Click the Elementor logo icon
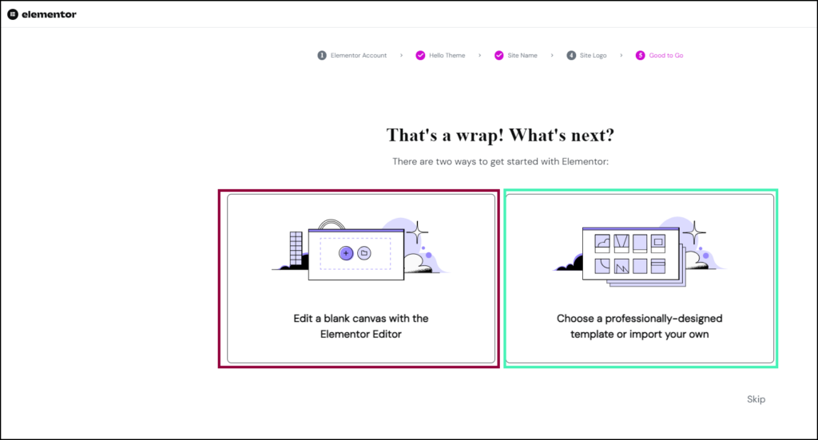tap(12, 14)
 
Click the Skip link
tap(756, 399)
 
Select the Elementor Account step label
tap(359, 56)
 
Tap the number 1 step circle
tap(322, 56)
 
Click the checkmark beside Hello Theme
tap(420, 56)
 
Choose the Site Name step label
tap(522, 56)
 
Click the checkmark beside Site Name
tap(499, 56)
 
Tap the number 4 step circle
tap(571, 56)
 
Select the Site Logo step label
tap(593, 56)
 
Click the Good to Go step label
tap(665, 56)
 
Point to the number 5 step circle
tap(640, 56)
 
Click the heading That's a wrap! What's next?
tap(500, 134)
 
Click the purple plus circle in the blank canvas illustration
tap(345, 252)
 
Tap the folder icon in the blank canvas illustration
tap(363, 252)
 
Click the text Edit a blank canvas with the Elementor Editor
tap(361, 326)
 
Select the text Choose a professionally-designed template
tap(639, 319)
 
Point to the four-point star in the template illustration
tap(693, 232)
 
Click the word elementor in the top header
tap(49, 14)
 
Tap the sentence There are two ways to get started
tap(500, 162)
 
